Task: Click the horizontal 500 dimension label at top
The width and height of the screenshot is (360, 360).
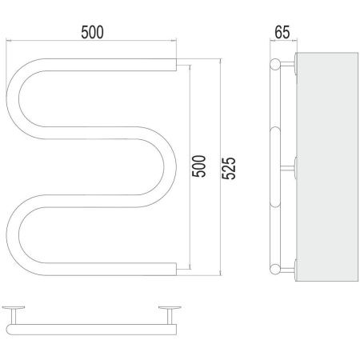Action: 92,32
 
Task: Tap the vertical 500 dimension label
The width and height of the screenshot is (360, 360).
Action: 199,166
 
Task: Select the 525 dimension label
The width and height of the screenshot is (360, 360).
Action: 229,168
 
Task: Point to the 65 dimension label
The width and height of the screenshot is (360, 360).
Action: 282,32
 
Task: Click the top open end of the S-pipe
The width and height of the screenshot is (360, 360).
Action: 176,65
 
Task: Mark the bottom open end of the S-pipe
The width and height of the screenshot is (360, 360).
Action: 176,269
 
